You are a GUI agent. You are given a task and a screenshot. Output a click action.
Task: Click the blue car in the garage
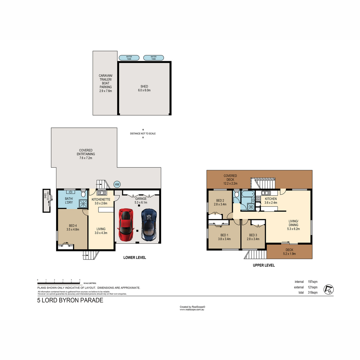(149, 225)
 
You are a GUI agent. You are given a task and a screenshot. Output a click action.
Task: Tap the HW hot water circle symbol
(117, 184)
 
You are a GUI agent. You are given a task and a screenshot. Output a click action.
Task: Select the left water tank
(129, 58)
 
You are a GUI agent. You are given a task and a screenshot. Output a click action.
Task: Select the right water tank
(153, 58)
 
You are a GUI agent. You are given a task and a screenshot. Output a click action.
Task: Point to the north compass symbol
(328, 289)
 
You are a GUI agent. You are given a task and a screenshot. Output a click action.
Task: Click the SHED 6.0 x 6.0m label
(144, 88)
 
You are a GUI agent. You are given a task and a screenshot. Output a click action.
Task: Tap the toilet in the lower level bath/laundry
(83, 193)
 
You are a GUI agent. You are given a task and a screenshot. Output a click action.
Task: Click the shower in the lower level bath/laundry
(83, 204)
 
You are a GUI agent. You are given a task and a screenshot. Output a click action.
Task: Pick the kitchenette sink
(102, 193)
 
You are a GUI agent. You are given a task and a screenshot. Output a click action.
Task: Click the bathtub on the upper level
(248, 194)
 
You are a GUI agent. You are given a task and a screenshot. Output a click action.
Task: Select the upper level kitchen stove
(258, 198)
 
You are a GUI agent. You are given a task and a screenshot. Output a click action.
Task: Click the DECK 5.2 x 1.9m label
(289, 252)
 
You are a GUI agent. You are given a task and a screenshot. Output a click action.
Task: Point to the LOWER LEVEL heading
(134, 257)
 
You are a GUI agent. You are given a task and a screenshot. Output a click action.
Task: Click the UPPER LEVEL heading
(264, 265)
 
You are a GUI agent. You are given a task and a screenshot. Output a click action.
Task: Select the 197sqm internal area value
(313, 282)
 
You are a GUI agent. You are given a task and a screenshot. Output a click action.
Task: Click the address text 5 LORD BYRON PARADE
(70, 300)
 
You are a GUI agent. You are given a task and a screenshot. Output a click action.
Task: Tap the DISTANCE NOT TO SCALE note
(143, 133)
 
